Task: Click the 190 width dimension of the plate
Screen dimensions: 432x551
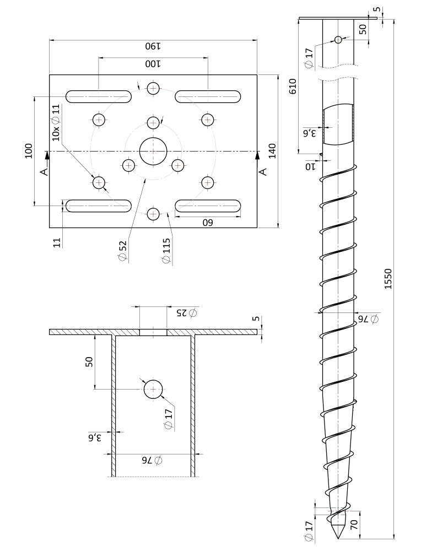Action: point(153,46)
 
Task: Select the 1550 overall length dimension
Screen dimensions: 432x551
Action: point(388,279)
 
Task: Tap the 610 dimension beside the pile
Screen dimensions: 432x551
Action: point(293,86)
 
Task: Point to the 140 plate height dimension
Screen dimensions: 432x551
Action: point(272,151)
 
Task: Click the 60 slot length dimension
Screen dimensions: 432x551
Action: point(208,223)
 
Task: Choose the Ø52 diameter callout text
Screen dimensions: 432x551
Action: point(123,251)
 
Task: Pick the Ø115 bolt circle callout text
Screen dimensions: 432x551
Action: point(166,251)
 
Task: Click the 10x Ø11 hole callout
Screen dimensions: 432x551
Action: point(56,123)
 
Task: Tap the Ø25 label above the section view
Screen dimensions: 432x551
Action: point(187,312)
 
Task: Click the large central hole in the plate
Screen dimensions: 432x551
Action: point(153,151)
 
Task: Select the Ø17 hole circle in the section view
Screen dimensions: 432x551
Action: point(153,390)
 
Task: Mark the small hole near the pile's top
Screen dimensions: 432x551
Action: point(338,40)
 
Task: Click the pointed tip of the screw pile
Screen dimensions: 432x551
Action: point(338,538)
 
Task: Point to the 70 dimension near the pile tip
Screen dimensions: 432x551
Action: point(354,525)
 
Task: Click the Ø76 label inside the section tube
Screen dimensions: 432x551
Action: point(152,460)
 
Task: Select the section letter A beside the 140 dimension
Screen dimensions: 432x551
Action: point(263,171)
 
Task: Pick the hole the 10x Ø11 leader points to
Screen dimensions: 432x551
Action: point(99,182)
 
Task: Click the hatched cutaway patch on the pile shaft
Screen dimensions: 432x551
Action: point(338,123)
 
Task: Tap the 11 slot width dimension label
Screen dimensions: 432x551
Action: point(57,242)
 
